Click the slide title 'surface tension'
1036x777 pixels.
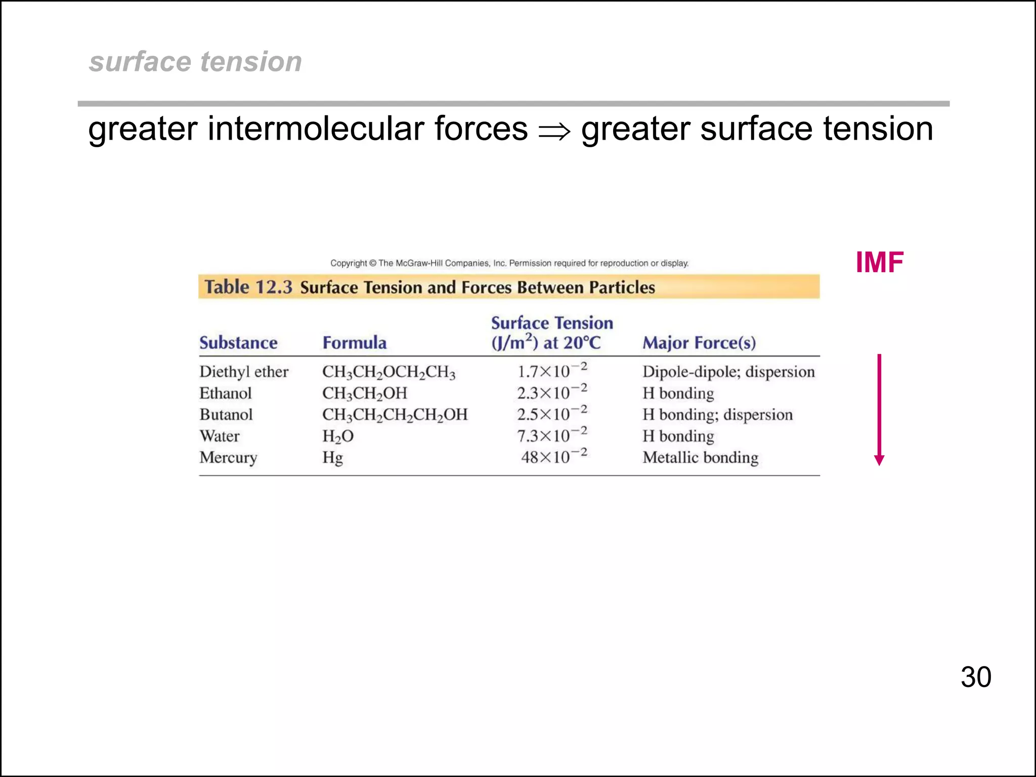tap(195, 62)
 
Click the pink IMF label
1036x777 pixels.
tap(879, 263)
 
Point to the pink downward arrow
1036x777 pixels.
tap(879, 410)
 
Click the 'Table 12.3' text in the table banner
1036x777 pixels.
tap(248, 287)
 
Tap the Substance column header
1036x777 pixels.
tap(238, 342)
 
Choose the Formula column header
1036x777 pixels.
tap(354, 342)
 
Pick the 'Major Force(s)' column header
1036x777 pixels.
tap(699, 342)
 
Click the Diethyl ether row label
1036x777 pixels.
tap(244, 372)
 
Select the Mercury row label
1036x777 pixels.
tap(228, 457)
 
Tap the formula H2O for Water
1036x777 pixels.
tap(338, 436)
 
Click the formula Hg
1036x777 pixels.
tap(332, 458)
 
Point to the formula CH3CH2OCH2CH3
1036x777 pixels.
tap(388, 372)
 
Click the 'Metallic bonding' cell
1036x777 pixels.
tap(700, 457)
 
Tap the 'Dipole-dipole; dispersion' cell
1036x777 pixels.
tap(728, 372)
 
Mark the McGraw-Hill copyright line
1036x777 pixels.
tap(509, 263)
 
